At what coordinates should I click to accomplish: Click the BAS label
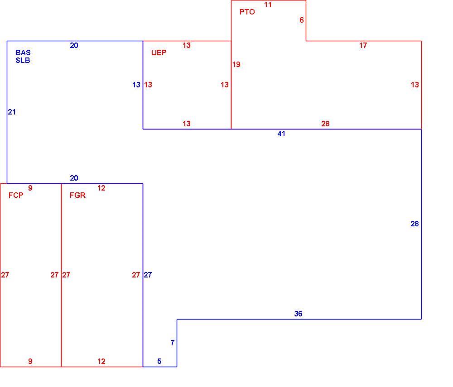click(23, 53)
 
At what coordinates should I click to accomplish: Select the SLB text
click(23, 60)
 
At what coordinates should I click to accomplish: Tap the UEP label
click(159, 53)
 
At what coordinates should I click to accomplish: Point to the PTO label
click(247, 12)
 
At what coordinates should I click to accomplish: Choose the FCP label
click(16, 195)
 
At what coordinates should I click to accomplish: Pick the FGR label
click(77, 195)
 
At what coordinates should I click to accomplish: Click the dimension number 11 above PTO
click(268, 5)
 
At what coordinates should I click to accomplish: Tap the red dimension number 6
click(302, 20)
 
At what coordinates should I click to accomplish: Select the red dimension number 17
click(363, 45)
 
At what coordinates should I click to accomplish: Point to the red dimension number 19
click(236, 64)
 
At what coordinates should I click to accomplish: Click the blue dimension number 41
click(281, 134)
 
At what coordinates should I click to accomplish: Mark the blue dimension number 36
click(298, 314)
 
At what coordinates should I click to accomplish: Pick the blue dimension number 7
click(173, 343)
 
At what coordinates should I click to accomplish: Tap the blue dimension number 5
click(159, 361)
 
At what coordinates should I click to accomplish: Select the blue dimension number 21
click(12, 112)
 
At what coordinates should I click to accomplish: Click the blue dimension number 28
click(414, 224)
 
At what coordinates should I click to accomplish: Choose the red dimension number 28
click(325, 124)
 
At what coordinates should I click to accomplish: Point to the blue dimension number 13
click(136, 85)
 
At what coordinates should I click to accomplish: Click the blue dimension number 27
click(148, 275)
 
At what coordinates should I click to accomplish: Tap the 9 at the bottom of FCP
click(30, 361)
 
